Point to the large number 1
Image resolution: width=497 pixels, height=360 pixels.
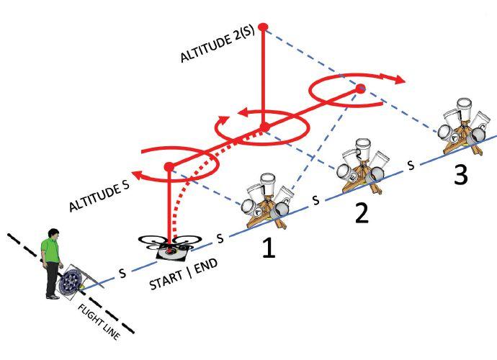coord(268,248)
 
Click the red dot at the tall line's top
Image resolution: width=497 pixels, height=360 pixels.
coord(263,27)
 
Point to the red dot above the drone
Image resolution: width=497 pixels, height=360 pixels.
coord(169,167)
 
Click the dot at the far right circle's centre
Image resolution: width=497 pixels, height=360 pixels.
coord(361,89)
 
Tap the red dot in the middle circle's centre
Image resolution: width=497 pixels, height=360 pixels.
coord(265,127)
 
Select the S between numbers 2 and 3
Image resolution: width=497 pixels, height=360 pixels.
coord(411,164)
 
